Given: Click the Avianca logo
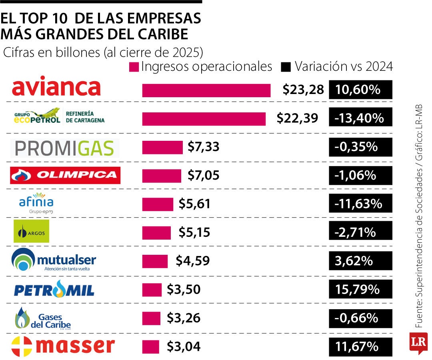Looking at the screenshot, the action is [x=56, y=86].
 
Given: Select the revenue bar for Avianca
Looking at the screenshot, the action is [x=206, y=91].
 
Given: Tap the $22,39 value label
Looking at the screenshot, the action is [x=297, y=118].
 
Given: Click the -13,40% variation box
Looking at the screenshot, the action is [x=360, y=117].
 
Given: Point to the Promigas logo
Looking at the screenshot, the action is [x=65, y=148].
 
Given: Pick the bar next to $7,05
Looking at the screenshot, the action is [x=162, y=176].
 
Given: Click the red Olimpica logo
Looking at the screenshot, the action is [x=65, y=175].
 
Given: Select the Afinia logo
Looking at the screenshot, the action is [x=36, y=203].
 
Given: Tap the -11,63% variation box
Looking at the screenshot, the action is [x=360, y=203].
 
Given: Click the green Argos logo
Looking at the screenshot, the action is [x=32, y=231].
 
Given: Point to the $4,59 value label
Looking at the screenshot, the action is [x=192, y=260].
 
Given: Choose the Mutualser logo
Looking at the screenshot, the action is [x=54, y=260].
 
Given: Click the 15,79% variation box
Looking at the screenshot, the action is [x=360, y=289].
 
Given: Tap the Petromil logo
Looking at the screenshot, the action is [x=54, y=289].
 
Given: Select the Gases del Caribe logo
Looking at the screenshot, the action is [x=43, y=318].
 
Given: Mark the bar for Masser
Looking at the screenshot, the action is [x=151, y=347].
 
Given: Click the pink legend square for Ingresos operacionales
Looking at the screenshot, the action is [x=134, y=67].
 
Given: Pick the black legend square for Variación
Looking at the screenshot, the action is [x=286, y=67].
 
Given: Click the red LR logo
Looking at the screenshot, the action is [x=418, y=343].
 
